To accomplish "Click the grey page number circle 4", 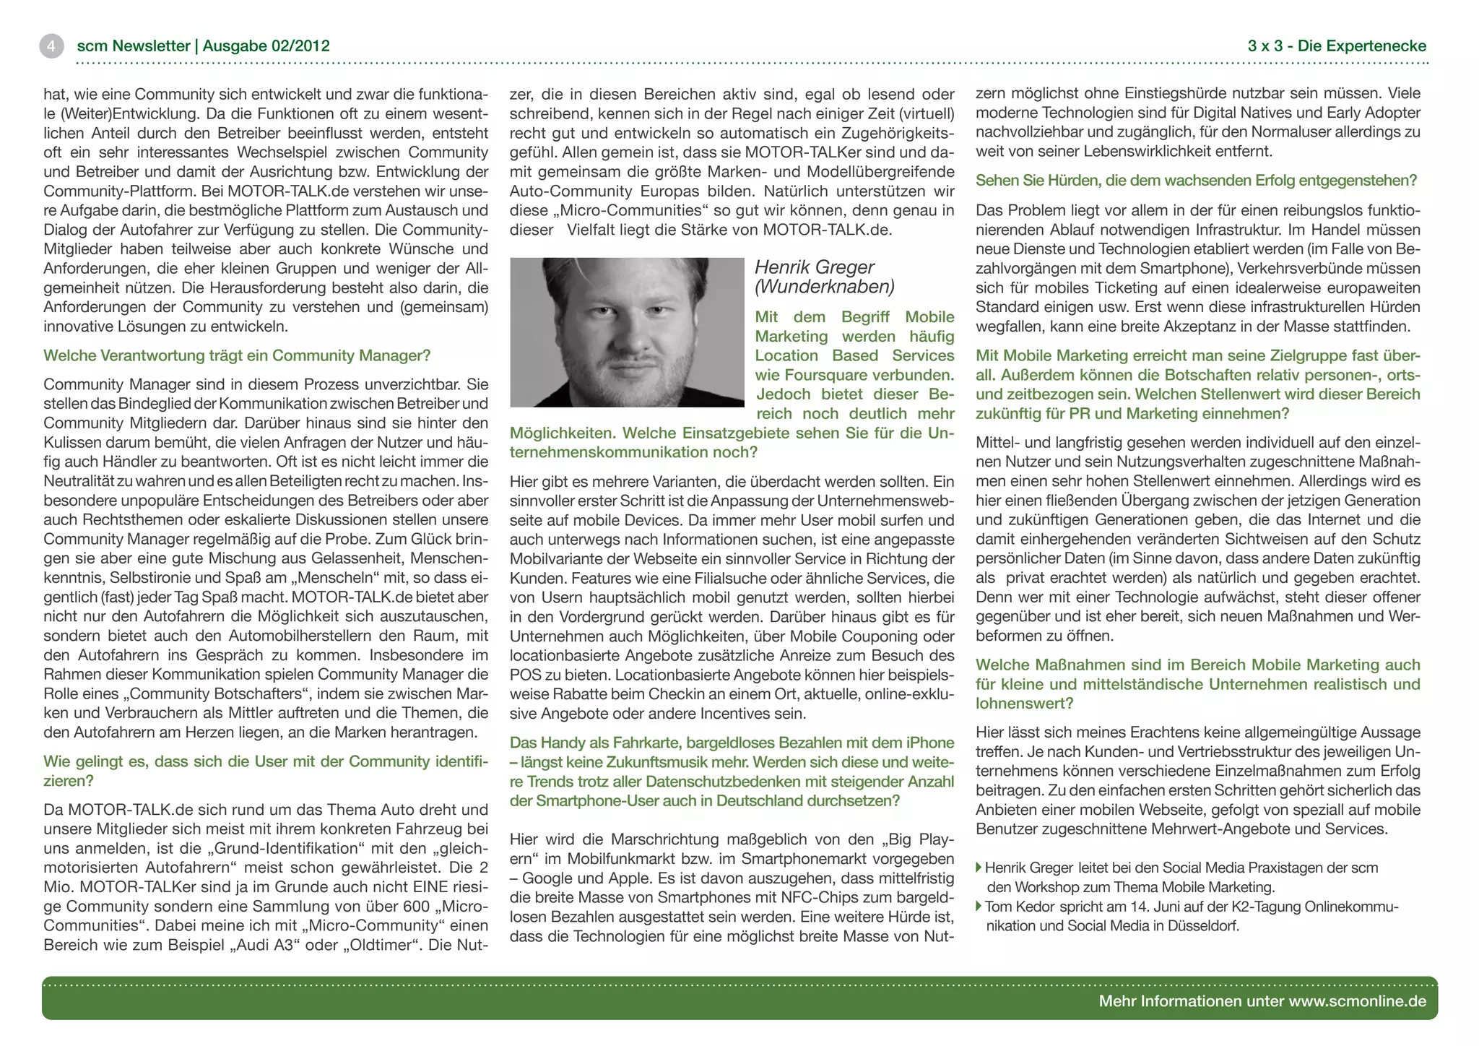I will [x=51, y=46].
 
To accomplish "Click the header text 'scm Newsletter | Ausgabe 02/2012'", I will [x=203, y=46].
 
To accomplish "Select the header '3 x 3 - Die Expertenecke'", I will [x=1337, y=46].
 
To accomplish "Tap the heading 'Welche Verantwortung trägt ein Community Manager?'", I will [x=237, y=355].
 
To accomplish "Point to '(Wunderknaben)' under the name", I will [x=824, y=287].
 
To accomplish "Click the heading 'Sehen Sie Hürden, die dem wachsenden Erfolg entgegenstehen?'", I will [x=1196, y=181].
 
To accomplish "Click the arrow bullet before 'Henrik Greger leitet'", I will [x=979, y=868].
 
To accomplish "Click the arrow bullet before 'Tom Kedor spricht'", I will [x=979, y=907].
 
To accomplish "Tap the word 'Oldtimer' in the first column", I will [x=381, y=945].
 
